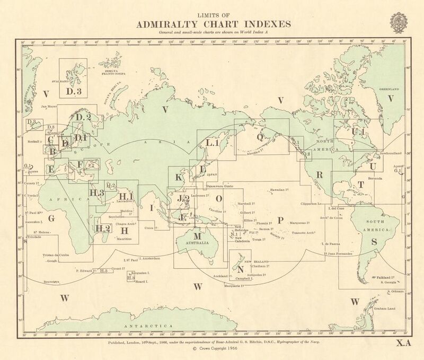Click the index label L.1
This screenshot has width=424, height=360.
click(x=213, y=143)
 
